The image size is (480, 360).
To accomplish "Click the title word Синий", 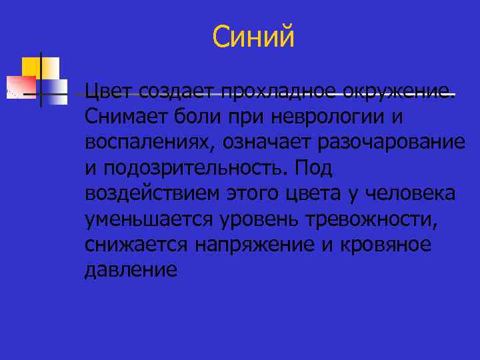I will point(253,36).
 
